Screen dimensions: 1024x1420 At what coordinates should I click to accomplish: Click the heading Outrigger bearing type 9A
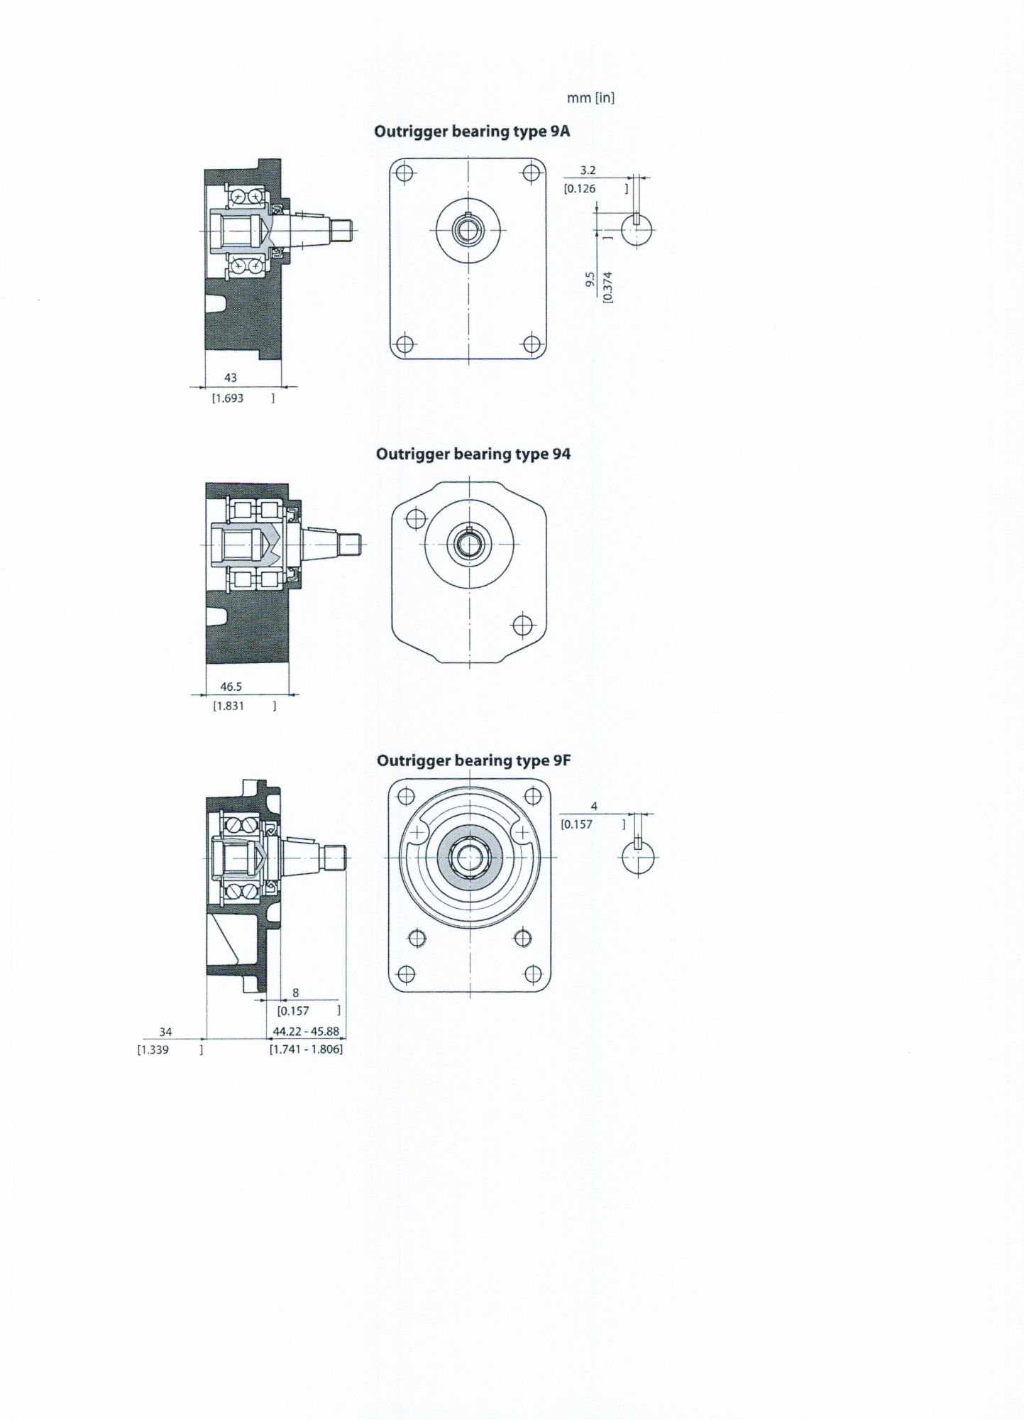pyautogui.click(x=472, y=132)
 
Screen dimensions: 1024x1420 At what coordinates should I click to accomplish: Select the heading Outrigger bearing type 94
pyautogui.click(x=473, y=454)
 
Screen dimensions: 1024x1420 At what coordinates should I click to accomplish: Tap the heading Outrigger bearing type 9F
pyautogui.click(x=474, y=761)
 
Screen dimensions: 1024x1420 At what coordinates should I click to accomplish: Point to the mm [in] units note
pyautogui.click(x=590, y=98)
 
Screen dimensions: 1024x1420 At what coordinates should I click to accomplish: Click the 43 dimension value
pyautogui.click(x=230, y=378)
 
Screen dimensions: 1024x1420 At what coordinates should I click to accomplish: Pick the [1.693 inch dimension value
pyautogui.click(x=228, y=398)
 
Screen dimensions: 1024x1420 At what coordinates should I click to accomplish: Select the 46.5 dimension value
pyautogui.click(x=231, y=687)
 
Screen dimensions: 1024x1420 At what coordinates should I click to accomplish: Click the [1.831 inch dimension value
pyautogui.click(x=229, y=706)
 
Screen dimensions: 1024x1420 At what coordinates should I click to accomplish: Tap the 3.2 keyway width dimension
pyautogui.click(x=588, y=170)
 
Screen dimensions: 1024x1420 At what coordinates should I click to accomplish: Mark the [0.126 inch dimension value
pyautogui.click(x=580, y=189)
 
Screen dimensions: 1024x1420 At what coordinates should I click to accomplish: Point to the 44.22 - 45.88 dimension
pyautogui.click(x=306, y=1032)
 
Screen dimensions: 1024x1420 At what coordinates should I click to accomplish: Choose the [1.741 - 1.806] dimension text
pyautogui.click(x=306, y=1049)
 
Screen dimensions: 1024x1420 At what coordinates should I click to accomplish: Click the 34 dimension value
pyautogui.click(x=165, y=1032)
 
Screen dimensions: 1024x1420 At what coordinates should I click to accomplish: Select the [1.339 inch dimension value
pyautogui.click(x=153, y=1050)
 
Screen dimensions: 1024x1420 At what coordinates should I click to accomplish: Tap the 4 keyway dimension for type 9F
pyautogui.click(x=594, y=807)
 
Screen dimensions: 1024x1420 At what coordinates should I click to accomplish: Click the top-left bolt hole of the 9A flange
pyautogui.click(x=404, y=173)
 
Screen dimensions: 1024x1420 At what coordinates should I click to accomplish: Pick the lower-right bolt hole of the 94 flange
pyautogui.click(x=522, y=626)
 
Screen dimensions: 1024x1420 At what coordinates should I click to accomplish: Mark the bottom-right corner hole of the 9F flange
pyautogui.click(x=533, y=974)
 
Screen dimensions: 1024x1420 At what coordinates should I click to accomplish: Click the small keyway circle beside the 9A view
pyautogui.click(x=637, y=229)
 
